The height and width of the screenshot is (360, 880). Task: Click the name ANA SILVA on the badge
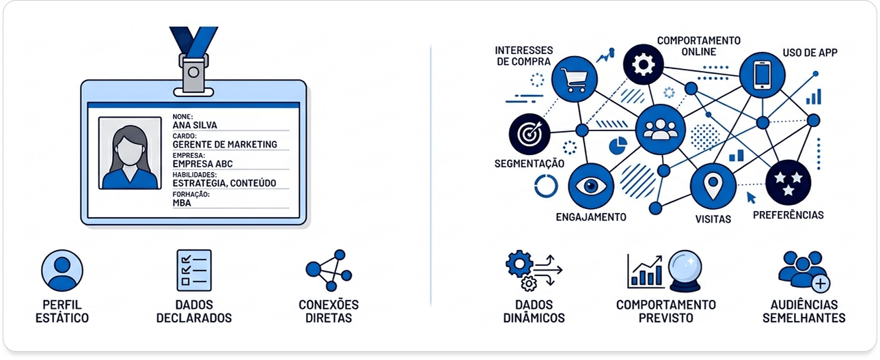pos(195,125)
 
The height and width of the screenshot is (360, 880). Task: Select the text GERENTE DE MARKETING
pos(225,144)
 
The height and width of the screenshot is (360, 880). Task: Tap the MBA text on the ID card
pos(182,203)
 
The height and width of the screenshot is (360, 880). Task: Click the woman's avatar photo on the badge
pos(130,153)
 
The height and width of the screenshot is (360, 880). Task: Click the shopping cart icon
pos(574,79)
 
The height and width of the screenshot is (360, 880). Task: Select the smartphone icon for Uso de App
pos(762,75)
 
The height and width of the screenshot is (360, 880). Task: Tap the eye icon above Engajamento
pos(591,186)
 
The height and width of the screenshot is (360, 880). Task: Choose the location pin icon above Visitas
pos(713,186)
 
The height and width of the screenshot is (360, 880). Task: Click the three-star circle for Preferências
pos(788,182)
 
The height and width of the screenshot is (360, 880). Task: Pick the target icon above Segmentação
pos(530,135)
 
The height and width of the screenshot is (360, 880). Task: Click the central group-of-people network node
pos(660,130)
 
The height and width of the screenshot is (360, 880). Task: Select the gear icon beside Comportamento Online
pos(643,64)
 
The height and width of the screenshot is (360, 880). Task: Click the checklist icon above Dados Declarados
pos(194,271)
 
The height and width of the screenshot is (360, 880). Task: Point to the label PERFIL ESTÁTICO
pos(62,311)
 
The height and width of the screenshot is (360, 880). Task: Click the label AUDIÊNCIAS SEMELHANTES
pos(803,311)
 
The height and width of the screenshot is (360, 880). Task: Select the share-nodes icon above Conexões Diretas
pos(329,271)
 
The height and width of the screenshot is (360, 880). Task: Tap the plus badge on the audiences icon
pos(821,283)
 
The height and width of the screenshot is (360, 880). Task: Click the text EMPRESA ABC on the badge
pos(203,164)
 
